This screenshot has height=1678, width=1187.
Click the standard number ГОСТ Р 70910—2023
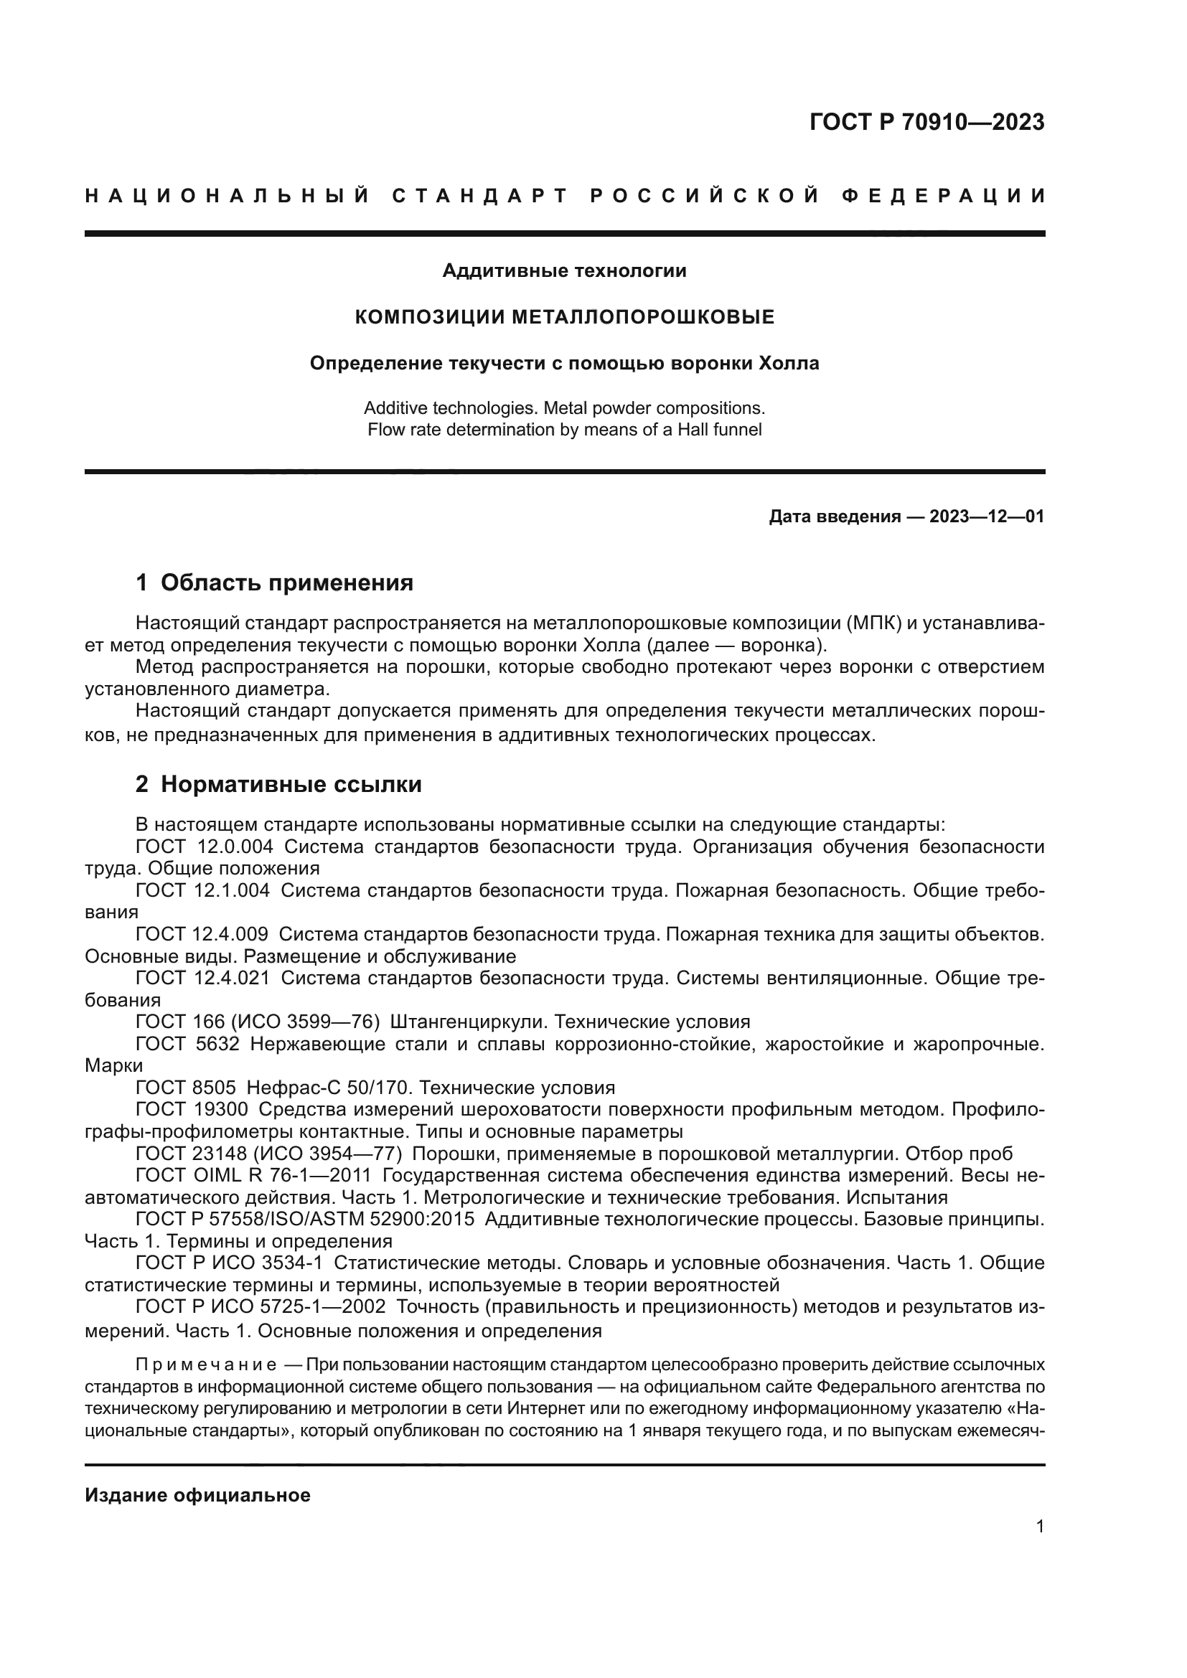tap(926, 122)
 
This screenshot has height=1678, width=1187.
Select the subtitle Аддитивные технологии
tap(564, 271)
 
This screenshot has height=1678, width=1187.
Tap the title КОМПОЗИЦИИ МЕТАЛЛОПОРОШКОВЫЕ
tap(564, 317)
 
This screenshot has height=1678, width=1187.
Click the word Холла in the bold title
tap(789, 363)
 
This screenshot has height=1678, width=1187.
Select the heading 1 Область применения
tap(275, 583)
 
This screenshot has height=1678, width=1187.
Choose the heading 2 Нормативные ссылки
tap(278, 784)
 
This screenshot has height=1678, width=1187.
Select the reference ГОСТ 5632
tap(187, 1044)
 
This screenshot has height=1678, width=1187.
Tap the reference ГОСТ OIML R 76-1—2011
tap(253, 1175)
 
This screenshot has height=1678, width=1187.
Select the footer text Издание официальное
tap(197, 1495)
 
